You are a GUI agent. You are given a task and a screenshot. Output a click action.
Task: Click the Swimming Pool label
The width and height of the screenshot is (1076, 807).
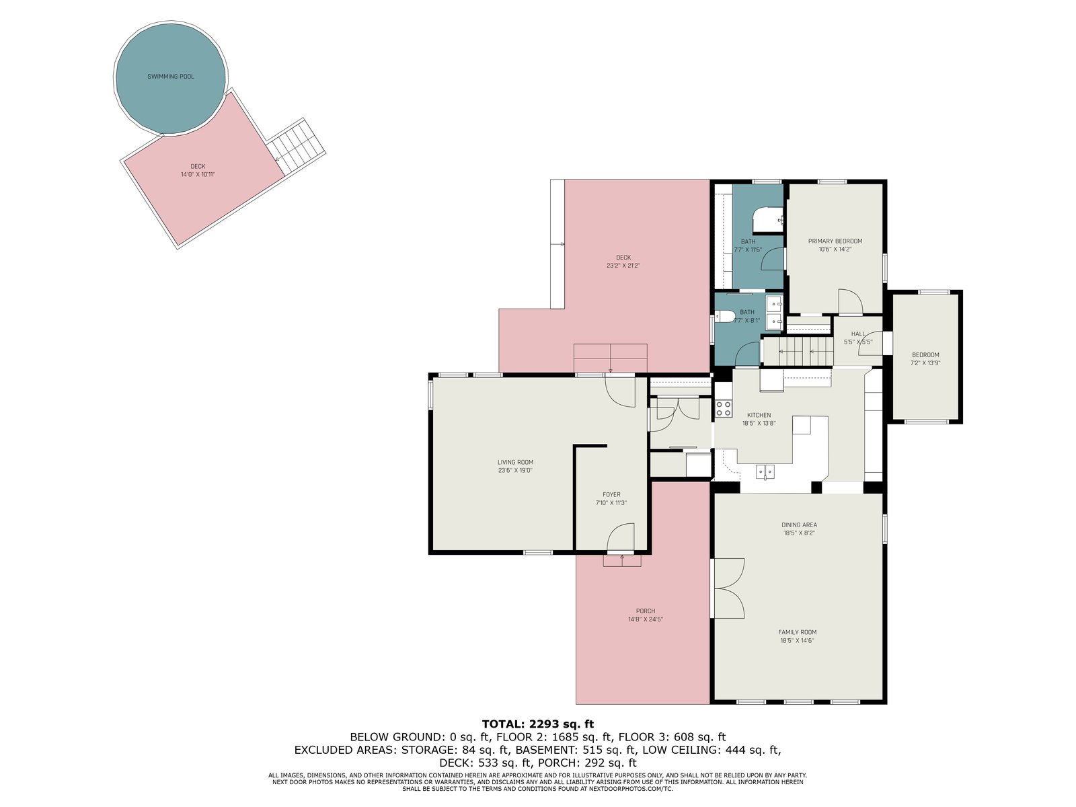pyautogui.click(x=171, y=77)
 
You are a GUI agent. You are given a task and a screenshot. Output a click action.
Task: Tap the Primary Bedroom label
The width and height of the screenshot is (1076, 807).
pyautogui.click(x=835, y=241)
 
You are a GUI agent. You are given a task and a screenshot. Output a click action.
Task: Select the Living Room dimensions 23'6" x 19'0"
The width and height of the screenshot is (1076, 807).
pyautogui.click(x=515, y=470)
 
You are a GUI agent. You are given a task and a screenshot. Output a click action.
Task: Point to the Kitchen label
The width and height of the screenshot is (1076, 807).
pyautogui.click(x=759, y=415)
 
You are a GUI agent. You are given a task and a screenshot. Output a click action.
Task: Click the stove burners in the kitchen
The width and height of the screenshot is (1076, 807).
pyautogui.click(x=724, y=408)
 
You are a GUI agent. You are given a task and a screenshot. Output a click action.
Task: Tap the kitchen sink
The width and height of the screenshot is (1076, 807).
pyautogui.click(x=765, y=472)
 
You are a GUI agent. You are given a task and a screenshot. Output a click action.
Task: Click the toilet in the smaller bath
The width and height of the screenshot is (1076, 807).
pyautogui.click(x=724, y=317)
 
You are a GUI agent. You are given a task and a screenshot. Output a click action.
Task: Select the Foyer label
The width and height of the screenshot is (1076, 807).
pyautogui.click(x=611, y=494)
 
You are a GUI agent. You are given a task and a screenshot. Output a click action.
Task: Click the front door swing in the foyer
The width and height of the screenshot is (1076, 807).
pyautogui.click(x=621, y=537)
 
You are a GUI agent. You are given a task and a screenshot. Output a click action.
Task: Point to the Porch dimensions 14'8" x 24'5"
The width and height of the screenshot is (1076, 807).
pyautogui.click(x=646, y=619)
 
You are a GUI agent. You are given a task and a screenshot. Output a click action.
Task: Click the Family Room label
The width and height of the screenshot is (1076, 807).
pyautogui.click(x=797, y=632)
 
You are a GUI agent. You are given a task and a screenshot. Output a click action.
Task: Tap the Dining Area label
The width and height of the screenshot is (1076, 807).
pyautogui.click(x=799, y=525)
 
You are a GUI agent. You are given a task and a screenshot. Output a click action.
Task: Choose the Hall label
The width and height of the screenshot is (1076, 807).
pyautogui.click(x=858, y=334)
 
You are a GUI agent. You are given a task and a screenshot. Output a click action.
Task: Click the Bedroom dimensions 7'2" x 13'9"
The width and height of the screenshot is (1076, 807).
pyautogui.click(x=925, y=363)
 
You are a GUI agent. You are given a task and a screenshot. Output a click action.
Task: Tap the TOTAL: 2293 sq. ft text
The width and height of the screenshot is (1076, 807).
pyautogui.click(x=538, y=724)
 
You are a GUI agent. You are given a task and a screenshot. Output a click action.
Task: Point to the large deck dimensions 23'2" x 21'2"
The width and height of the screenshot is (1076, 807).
pyautogui.click(x=623, y=266)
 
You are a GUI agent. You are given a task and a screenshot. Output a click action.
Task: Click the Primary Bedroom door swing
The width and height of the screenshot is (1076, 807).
pyautogui.click(x=850, y=301)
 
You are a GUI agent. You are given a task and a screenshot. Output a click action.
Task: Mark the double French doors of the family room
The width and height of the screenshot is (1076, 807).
pyautogui.click(x=728, y=588)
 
